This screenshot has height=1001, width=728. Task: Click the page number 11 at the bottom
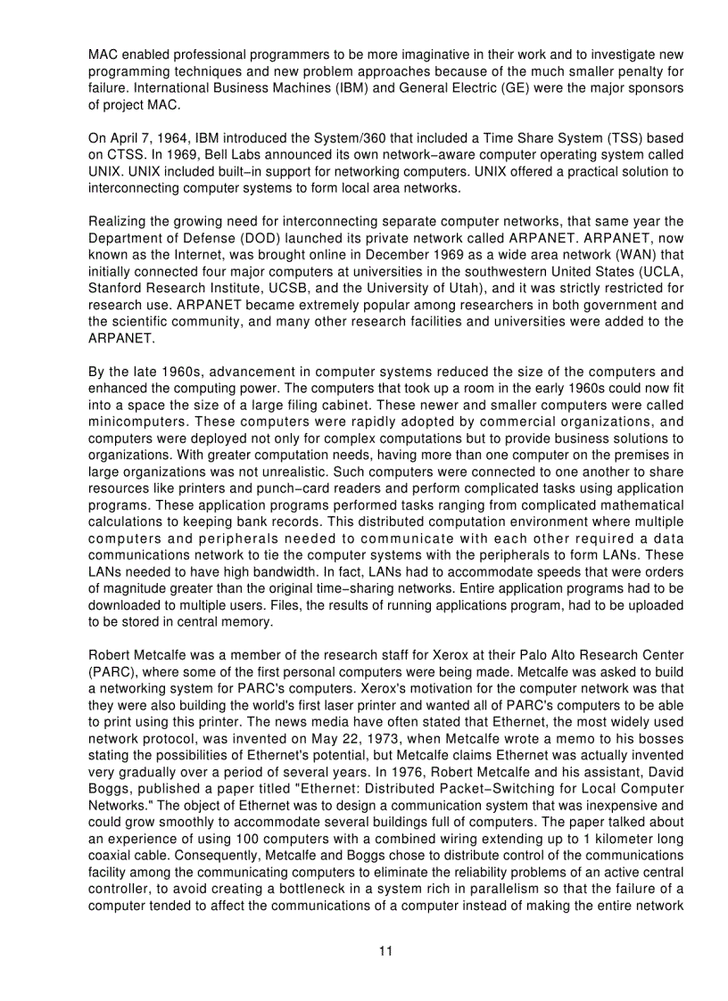[385, 951]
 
